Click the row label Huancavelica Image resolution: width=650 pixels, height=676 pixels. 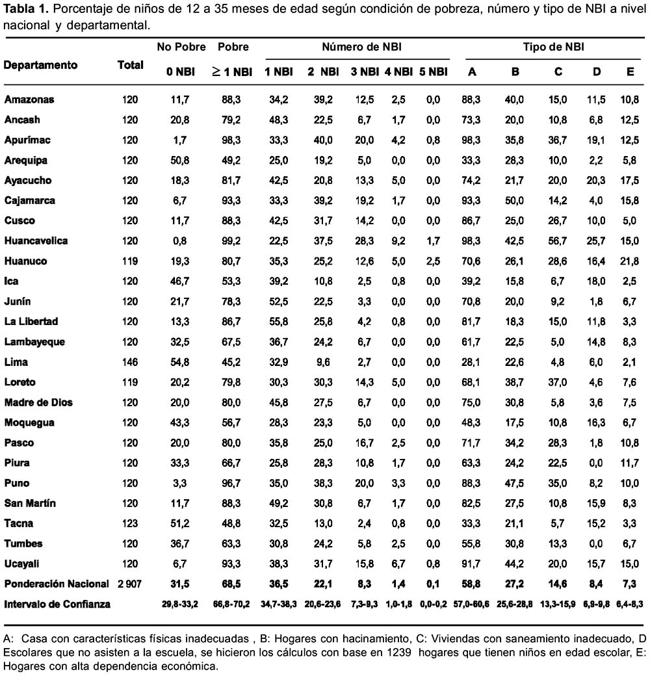point(36,240)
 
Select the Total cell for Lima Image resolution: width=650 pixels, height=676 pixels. point(130,361)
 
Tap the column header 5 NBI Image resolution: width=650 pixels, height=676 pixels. point(433,71)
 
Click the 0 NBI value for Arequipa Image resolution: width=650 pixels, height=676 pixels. point(179,160)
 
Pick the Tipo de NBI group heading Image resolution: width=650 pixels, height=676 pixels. point(553,47)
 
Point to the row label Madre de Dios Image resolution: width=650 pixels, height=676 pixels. point(38,402)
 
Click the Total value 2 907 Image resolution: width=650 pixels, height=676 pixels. point(129,584)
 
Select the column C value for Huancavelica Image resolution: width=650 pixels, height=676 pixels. point(557,240)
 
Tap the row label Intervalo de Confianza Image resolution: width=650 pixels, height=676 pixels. point(57,604)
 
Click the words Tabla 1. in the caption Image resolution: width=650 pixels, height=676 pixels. point(26,8)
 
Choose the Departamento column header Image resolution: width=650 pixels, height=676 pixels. point(40,65)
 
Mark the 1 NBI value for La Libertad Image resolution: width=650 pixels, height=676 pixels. point(278,321)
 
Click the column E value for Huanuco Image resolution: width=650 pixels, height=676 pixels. point(629,261)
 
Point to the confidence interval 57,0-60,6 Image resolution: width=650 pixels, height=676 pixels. point(471,604)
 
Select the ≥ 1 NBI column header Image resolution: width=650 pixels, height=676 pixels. point(232,71)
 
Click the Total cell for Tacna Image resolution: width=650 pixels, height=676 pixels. point(130,523)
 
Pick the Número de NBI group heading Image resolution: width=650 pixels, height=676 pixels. point(361,47)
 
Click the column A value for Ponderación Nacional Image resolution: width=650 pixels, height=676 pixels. point(471,584)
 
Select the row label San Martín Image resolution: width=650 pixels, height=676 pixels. point(30,503)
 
